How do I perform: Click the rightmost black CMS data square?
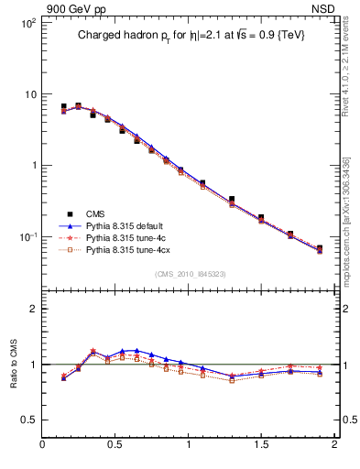point(319,248)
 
